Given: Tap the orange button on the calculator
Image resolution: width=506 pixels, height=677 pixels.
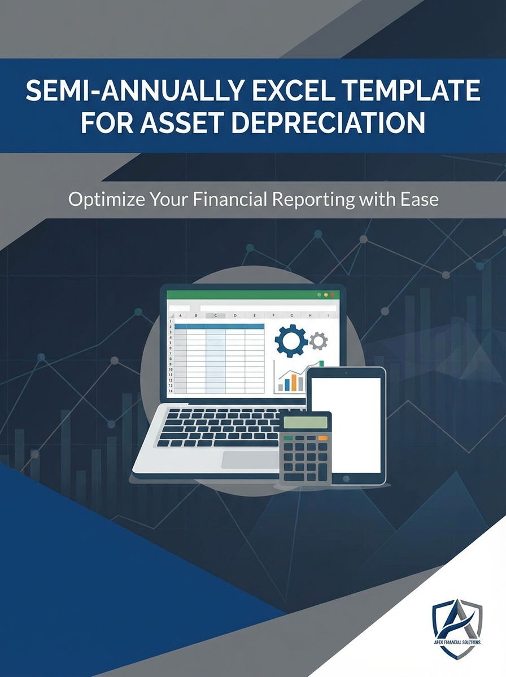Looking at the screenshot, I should click(322, 438).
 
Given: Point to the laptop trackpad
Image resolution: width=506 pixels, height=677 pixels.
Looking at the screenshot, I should click(248, 459).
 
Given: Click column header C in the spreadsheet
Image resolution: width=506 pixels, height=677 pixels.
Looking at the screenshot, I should click(215, 316).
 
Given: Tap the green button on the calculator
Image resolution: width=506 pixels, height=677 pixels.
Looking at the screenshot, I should click(288, 438).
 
